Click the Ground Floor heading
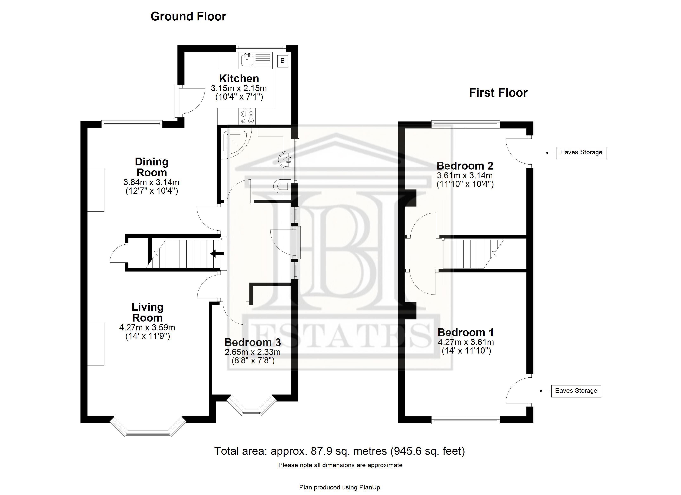(188, 16)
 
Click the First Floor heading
(498, 93)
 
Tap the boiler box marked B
(283, 61)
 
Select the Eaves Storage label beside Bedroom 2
(581, 152)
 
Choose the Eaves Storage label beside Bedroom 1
(576, 391)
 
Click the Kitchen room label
(239, 79)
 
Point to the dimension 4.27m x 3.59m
(147, 328)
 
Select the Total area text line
(340, 451)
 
